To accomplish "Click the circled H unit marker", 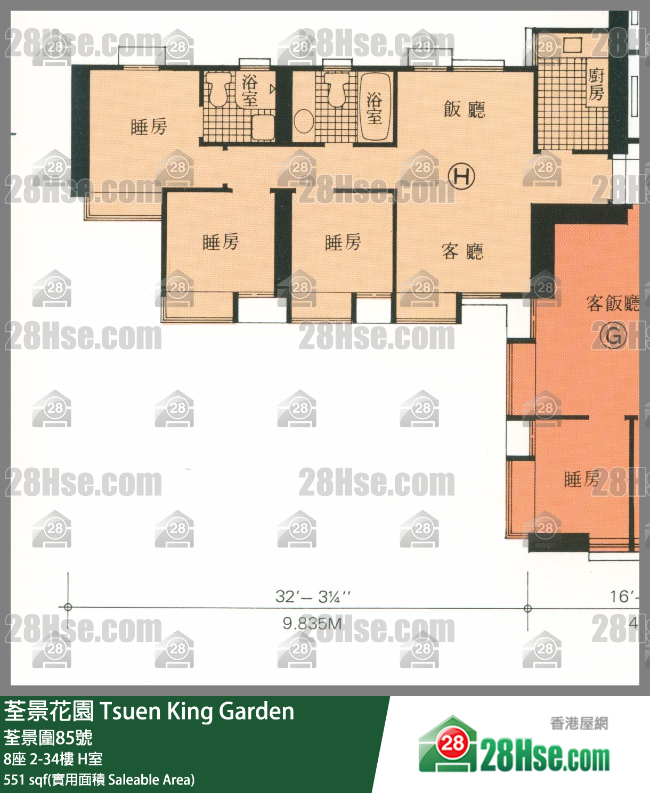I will (x=461, y=176).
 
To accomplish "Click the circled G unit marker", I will (x=613, y=336).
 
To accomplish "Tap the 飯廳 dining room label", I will (x=464, y=109).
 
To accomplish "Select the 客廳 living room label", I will (x=462, y=251).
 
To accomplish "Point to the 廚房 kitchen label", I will (x=596, y=84).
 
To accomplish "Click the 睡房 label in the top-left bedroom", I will (x=149, y=127).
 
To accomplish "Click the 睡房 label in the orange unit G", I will (x=581, y=479).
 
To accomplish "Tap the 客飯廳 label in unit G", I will (x=612, y=303).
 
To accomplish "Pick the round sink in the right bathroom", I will (x=303, y=121).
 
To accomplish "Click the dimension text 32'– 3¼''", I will (x=313, y=596).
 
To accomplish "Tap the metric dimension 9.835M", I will (x=313, y=623).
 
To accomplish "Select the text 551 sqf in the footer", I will (x=25, y=780).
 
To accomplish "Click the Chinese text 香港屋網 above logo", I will (x=579, y=723).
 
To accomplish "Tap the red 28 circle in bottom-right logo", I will (x=452, y=743).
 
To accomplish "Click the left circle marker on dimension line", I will (x=68, y=607).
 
